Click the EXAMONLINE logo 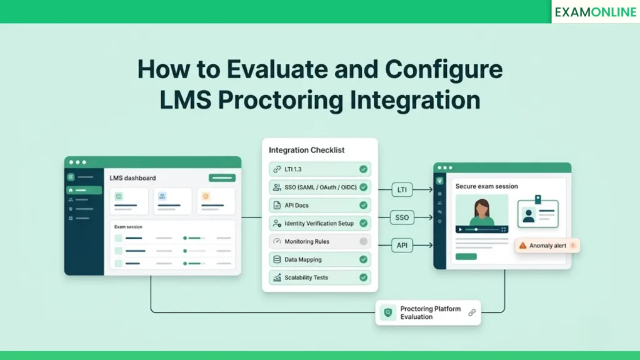pyautogui.click(x=595, y=12)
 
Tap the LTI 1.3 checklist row pyautogui.click(x=319, y=169)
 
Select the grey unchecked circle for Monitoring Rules pyautogui.click(x=363, y=241)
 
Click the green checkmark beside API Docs pyautogui.click(x=363, y=205)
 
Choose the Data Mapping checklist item pyautogui.click(x=319, y=259)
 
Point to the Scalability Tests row pyautogui.click(x=319, y=277)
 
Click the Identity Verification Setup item pyautogui.click(x=319, y=223)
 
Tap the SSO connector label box pyautogui.click(x=402, y=217)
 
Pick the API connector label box pyautogui.click(x=402, y=246)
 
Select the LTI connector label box pyautogui.click(x=402, y=189)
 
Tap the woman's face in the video pyautogui.click(x=482, y=207)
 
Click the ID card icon pyautogui.click(x=537, y=213)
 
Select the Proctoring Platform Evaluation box pyautogui.click(x=428, y=312)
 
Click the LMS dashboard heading pyautogui.click(x=132, y=178)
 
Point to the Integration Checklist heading pyautogui.click(x=306, y=150)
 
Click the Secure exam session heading pyautogui.click(x=486, y=186)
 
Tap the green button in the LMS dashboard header pyautogui.click(x=222, y=178)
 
